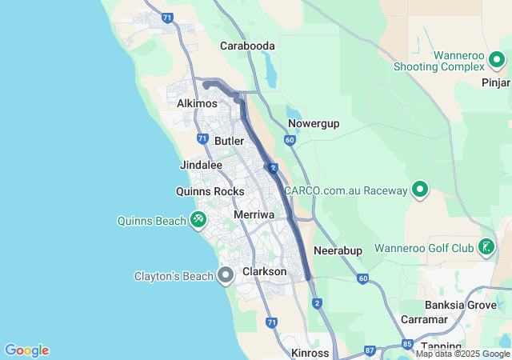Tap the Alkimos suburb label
coord(198,104)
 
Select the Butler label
coord(229,141)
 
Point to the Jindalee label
coord(202,165)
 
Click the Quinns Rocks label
coord(210,191)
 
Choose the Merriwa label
coord(254,215)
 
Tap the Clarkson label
coord(264,272)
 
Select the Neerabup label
coord(338,250)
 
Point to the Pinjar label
coord(496,82)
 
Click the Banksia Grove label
coord(460,305)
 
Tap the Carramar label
coord(424,319)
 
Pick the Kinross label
coord(310,353)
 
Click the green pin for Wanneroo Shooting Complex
coord(497,60)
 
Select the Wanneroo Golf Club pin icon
coord(486,247)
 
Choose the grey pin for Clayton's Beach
coord(226,276)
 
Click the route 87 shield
coord(369,350)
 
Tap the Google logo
coord(26,350)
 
